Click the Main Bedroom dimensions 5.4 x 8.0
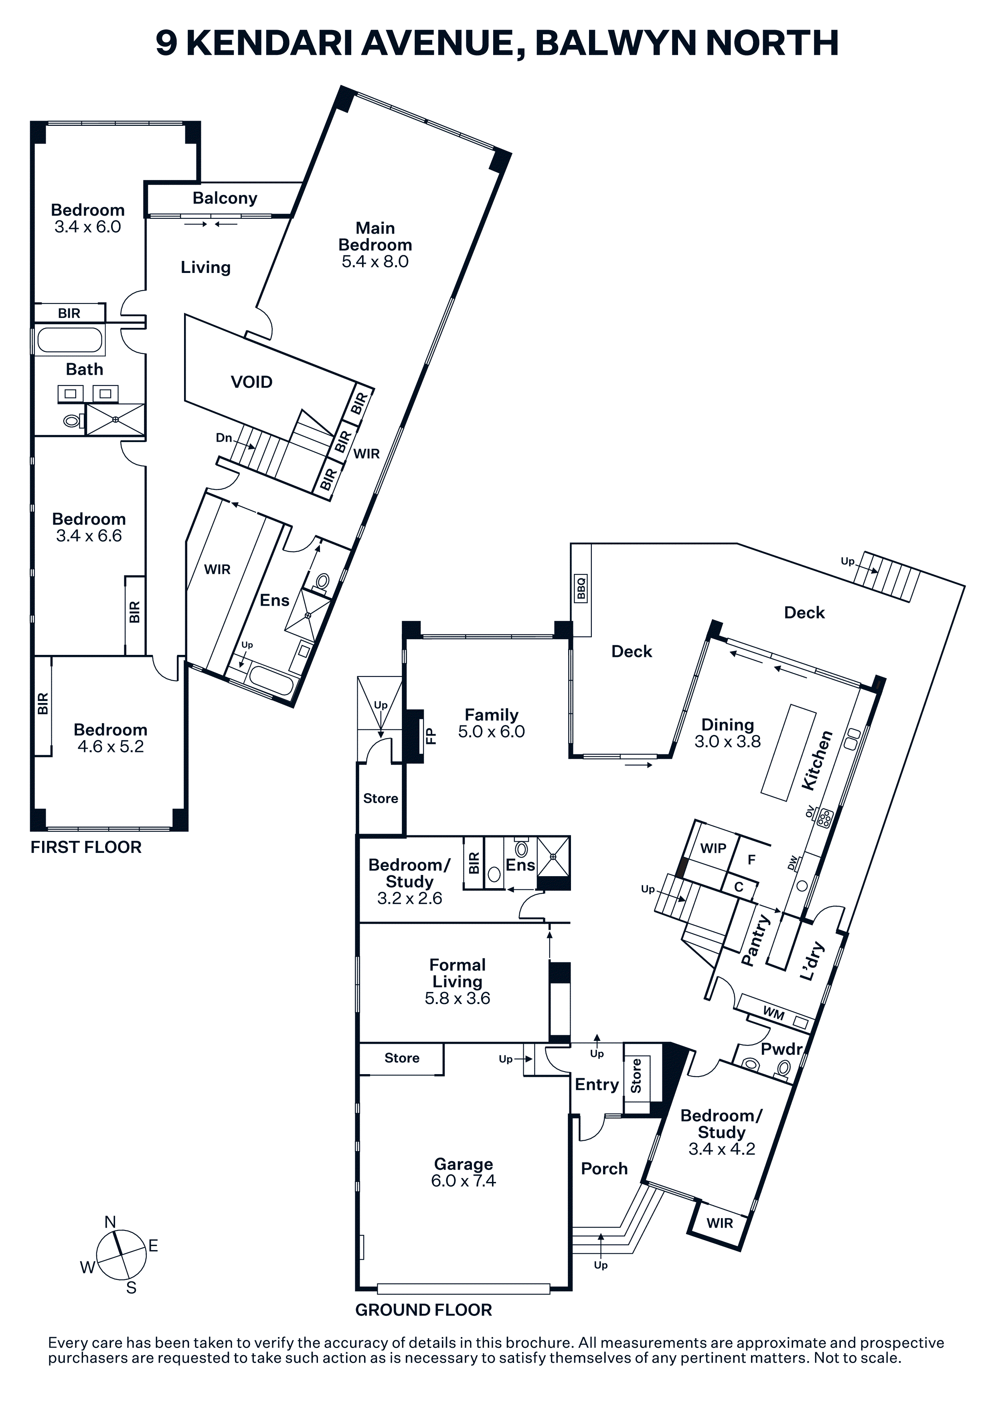click(x=375, y=261)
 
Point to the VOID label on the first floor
click(x=252, y=382)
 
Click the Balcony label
click(x=225, y=198)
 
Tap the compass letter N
click(x=110, y=1222)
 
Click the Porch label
click(x=605, y=1169)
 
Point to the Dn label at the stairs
click(x=224, y=438)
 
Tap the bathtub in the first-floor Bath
click(x=70, y=340)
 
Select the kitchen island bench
click(x=789, y=753)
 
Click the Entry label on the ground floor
click(x=597, y=1085)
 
